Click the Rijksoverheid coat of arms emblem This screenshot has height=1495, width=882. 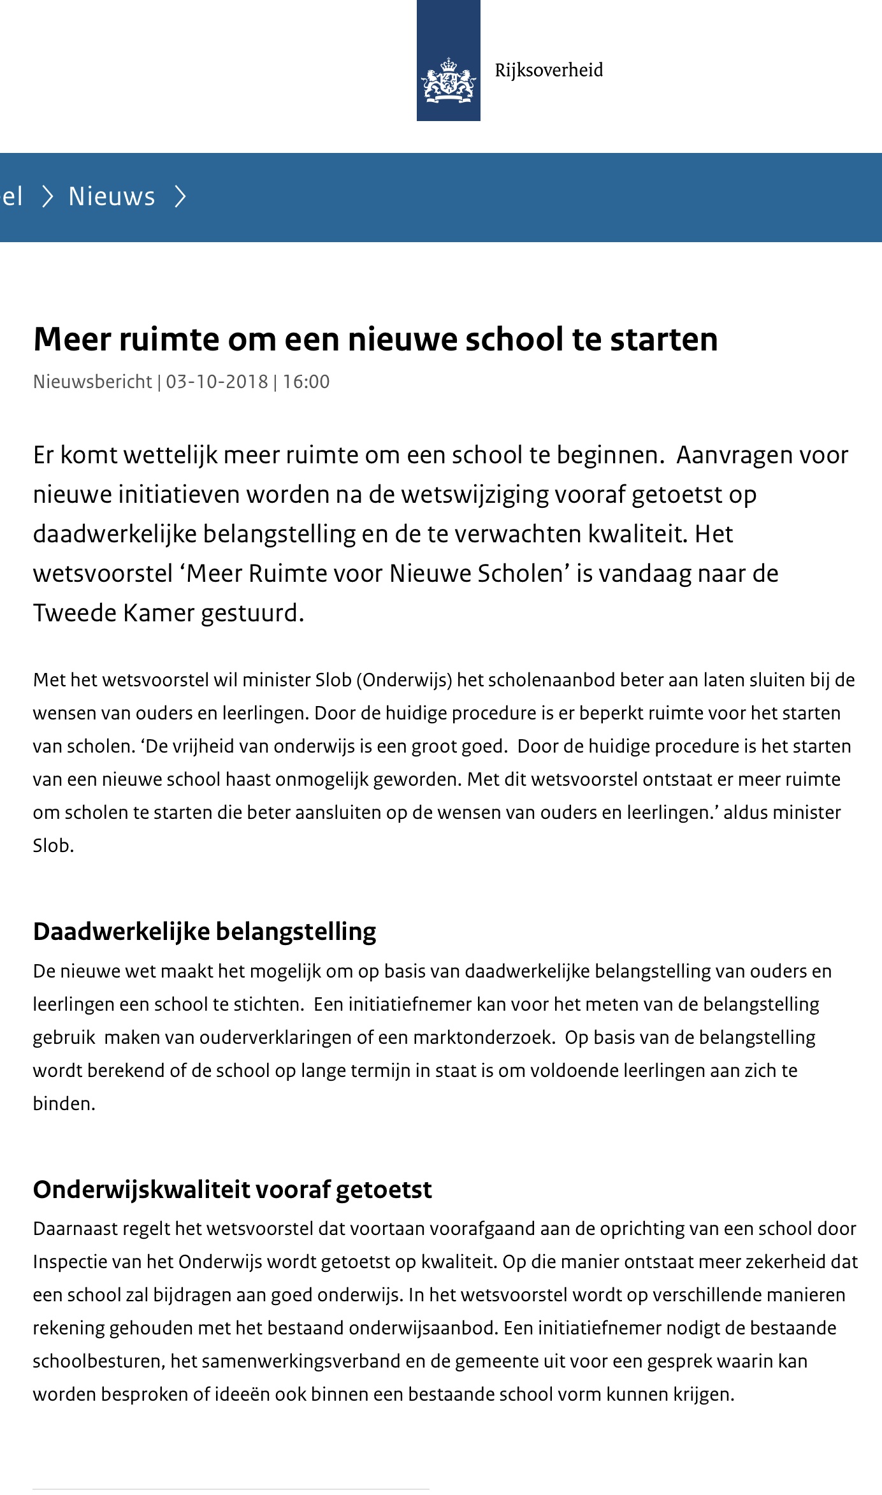pos(448,80)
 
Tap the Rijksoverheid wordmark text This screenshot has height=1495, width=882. pos(549,70)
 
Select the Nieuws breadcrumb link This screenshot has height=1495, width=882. pos(112,197)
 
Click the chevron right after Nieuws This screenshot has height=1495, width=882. pos(180,197)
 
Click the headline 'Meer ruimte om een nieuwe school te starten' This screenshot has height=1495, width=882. pos(375,339)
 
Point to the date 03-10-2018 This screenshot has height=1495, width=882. pos(217,382)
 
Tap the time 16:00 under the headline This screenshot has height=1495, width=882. pos(306,382)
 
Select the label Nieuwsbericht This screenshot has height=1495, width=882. pos(92,382)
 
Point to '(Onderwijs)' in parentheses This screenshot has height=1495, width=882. pos(404,680)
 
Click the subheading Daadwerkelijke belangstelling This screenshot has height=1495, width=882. pos(205,932)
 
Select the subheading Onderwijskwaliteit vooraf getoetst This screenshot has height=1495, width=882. pos(233,1190)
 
